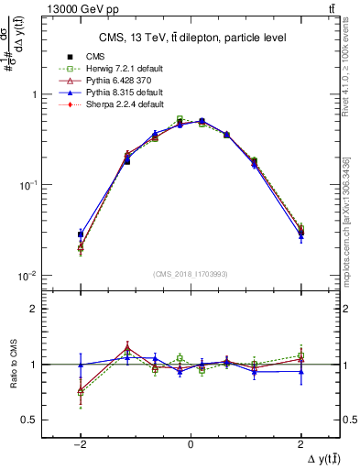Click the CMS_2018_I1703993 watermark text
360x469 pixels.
190,273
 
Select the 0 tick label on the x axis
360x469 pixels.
191,443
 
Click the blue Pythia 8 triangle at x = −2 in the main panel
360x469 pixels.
81,234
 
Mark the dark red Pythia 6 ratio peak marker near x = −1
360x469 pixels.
127,348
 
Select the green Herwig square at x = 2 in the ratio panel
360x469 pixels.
300,355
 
